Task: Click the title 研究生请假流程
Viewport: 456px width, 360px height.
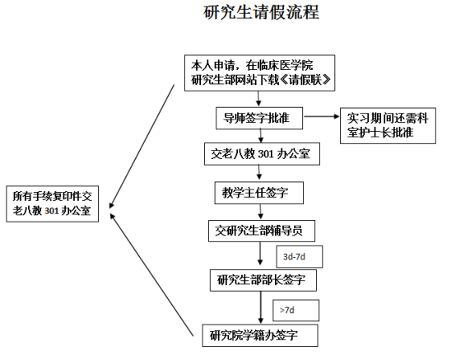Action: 261,12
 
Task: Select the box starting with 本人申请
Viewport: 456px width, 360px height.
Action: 260,72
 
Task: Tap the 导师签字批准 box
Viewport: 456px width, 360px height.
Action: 259,118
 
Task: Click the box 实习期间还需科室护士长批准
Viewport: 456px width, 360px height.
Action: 388,126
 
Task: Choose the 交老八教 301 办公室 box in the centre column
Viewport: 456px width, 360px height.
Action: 262,154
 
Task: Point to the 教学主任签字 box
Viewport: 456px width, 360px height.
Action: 258,193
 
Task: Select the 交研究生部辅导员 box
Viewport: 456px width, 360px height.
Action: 262,231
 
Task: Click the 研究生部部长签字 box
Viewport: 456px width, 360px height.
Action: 263,280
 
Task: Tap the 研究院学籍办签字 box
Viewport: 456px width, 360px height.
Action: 260,335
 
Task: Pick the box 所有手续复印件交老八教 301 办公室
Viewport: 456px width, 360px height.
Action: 53,203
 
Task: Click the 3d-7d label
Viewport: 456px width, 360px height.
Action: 294,257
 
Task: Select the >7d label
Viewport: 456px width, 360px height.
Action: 286,311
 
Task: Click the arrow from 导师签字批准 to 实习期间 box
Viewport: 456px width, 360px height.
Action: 321,116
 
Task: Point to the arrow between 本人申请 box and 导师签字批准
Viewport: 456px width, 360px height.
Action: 258,99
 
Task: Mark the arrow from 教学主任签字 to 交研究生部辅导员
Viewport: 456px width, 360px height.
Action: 261,212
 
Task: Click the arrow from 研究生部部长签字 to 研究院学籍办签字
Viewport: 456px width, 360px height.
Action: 261,307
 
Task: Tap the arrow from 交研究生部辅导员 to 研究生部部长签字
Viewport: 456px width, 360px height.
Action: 260,254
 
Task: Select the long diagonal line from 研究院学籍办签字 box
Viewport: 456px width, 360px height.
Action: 151,274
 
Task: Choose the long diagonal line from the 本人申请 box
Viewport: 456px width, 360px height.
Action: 142,147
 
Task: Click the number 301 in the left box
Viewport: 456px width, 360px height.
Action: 52,211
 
